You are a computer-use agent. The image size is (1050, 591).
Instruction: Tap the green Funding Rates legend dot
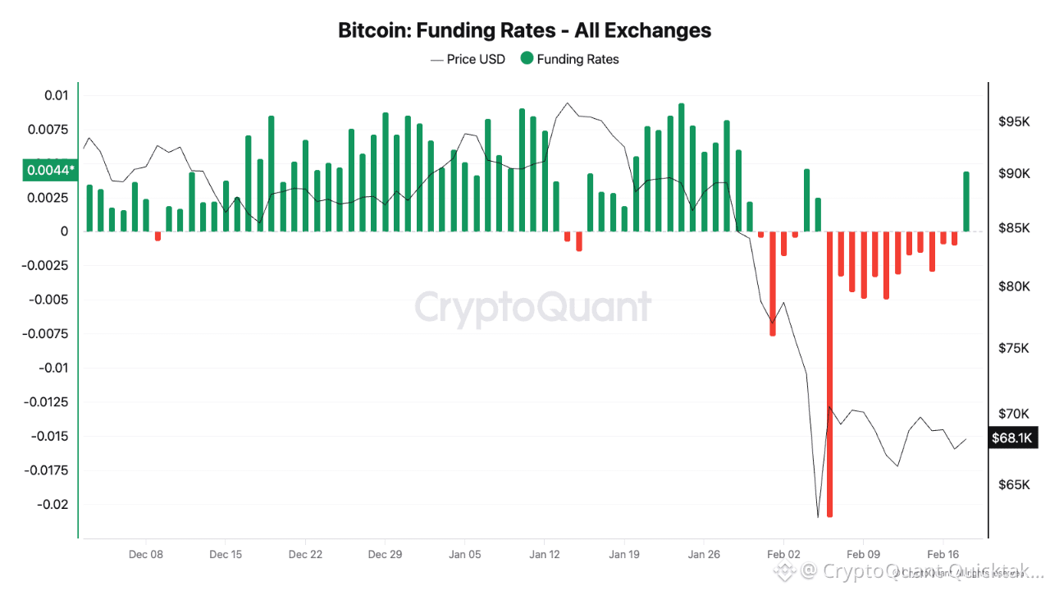tap(527, 59)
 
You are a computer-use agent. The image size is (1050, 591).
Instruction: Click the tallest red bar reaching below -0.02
tap(830, 373)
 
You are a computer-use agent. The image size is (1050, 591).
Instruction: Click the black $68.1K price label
tap(1012, 438)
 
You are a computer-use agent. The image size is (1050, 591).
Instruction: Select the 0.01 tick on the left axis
tap(56, 95)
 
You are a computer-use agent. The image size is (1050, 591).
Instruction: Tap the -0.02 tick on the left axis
tap(51, 504)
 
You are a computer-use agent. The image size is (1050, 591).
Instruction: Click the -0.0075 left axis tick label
tap(48, 333)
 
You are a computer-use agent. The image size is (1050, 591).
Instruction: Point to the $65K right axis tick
tap(1014, 485)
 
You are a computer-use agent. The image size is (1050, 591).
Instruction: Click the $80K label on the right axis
tap(1014, 286)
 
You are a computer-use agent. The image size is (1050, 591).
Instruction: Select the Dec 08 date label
tap(146, 555)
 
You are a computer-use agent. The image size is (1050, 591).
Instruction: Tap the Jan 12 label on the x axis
tap(544, 555)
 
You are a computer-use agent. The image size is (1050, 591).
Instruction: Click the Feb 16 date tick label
tap(943, 555)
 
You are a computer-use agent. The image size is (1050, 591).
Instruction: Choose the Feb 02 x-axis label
tap(783, 555)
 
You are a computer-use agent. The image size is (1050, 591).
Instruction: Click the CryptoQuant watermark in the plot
tap(533, 307)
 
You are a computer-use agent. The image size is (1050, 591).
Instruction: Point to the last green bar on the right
tap(966, 201)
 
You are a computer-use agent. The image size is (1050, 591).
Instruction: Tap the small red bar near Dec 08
tap(157, 236)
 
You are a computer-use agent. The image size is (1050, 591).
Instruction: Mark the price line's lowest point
tap(818, 517)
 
